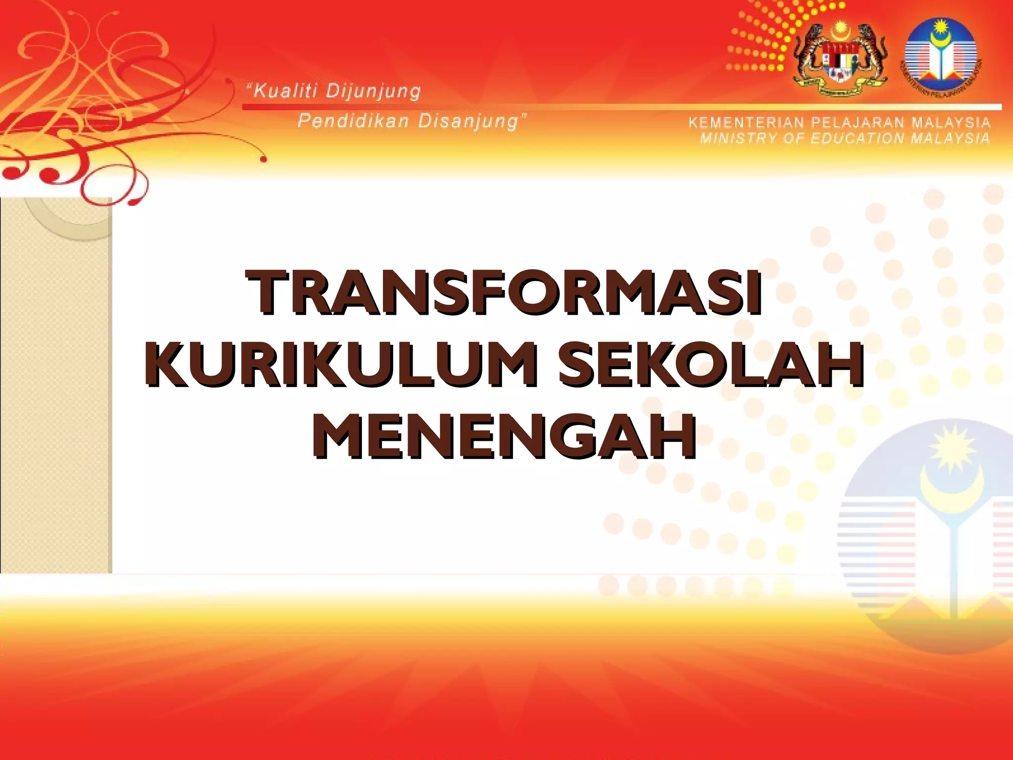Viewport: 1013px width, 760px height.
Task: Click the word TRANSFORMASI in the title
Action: click(505, 293)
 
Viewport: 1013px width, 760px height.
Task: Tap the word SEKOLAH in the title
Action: click(711, 365)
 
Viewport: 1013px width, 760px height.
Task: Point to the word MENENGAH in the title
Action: click(505, 436)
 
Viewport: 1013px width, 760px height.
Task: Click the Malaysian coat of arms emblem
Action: click(840, 58)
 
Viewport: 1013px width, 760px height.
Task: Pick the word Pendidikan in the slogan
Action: click(354, 121)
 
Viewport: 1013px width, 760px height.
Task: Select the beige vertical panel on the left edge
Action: click(55, 386)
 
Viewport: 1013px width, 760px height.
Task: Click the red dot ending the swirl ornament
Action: click(264, 159)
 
